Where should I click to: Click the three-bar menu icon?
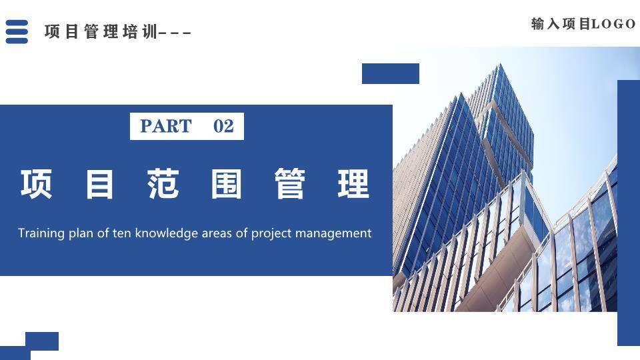[x=17, y=31]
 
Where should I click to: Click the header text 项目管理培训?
[x=100, y=31]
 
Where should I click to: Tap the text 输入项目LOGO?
[x=583, y=24]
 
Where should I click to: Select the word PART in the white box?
[x=166, y=127]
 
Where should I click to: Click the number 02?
[x=223, y=127]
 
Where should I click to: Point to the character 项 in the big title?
[x=36, y=184]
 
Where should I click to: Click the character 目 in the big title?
[x=99, y=184]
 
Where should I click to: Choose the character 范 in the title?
[x=163, y=184]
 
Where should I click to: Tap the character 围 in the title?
[x=227, y=184]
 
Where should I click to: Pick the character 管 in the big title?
[x=290, y=184]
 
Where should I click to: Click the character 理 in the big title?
[x=353, y=184]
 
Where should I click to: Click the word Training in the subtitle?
[x=41, y=233]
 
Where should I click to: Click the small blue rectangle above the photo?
[x=390, y=73]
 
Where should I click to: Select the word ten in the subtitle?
[x=122, y=233]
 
